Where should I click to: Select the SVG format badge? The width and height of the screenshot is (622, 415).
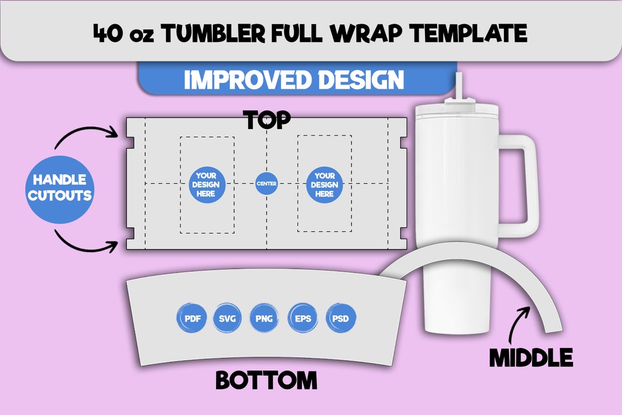tap(229, 318)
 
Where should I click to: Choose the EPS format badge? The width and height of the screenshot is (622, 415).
tap(303, 318)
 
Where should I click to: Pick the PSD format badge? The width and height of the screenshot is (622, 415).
tap(341, 318)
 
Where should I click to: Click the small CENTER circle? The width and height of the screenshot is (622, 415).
tap(267, 184)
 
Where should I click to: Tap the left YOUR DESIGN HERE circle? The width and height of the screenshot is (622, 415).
tap(206, 184)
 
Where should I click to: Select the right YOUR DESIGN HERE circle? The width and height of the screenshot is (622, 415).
tap(324, 184)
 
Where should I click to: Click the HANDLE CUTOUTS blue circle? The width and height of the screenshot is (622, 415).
tap(59, 188)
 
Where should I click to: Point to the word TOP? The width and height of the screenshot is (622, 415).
tap(267, 120)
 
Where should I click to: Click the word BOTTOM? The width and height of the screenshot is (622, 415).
tap(266, 380)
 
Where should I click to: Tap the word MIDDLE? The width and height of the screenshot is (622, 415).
tap(531, 358)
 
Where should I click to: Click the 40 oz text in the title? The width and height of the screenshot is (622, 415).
tap(122, 33)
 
